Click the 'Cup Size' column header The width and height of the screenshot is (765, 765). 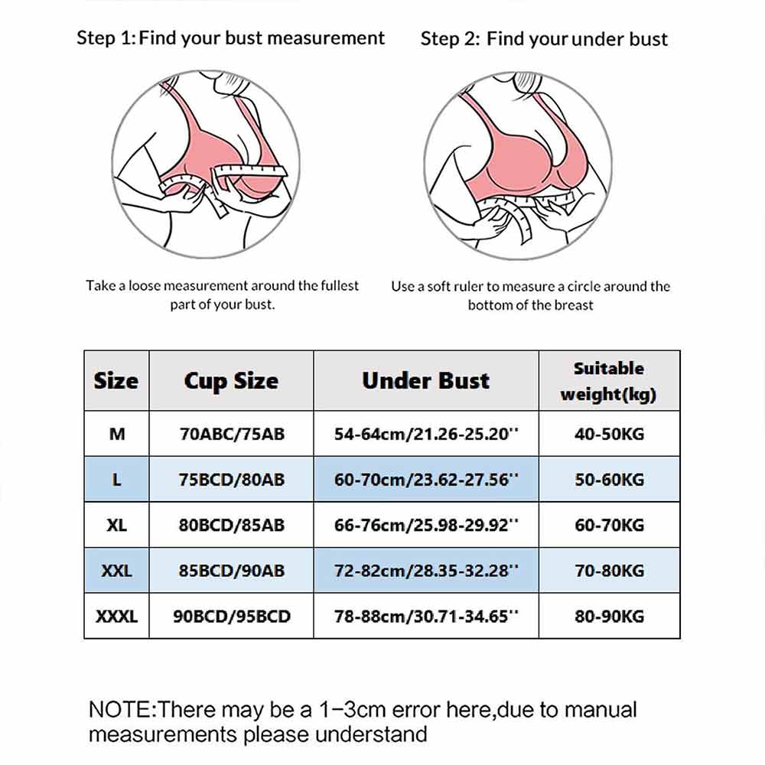231,381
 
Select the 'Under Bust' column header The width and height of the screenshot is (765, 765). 425,381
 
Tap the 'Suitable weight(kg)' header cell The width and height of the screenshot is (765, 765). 609,381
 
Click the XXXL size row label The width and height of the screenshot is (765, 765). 116,616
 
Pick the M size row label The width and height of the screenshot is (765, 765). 116,434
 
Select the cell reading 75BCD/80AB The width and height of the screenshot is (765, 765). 231,480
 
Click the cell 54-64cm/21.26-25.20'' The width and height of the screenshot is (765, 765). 425,434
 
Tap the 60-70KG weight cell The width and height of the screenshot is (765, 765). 609,525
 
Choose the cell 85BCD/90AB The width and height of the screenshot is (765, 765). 231,571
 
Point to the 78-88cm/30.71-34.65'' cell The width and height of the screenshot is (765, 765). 425,616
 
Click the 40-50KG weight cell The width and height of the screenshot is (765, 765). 609,434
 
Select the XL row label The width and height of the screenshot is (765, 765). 116,525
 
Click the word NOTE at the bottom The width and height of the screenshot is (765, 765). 121,709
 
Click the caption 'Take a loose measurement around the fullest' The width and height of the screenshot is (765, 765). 222,285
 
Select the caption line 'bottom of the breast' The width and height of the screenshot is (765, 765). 530,304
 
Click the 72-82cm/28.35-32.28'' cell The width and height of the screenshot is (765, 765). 425,571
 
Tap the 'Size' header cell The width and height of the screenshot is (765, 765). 116,381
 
